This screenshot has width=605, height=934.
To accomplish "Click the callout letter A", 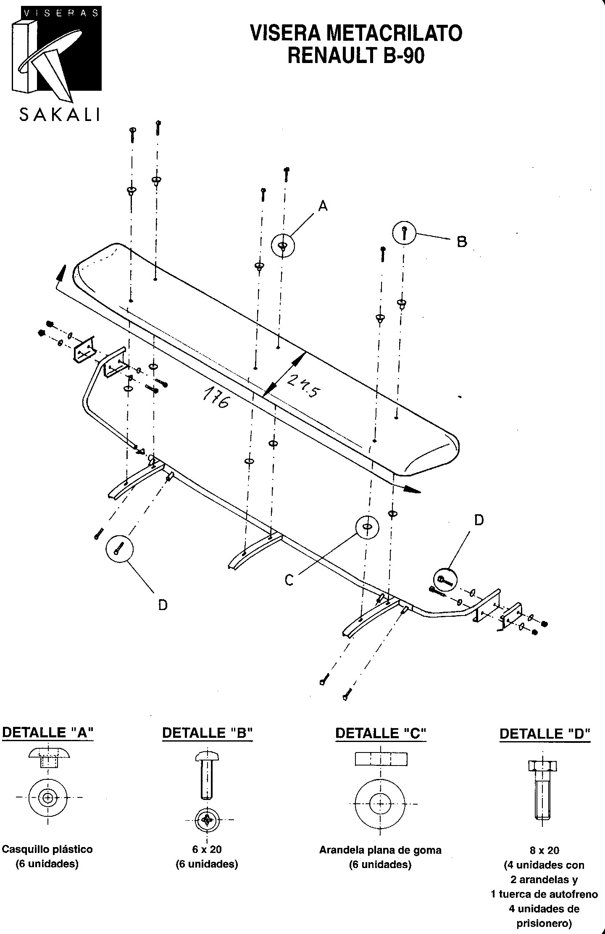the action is click(323, 206).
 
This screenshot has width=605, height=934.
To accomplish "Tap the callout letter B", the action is click(462, 242).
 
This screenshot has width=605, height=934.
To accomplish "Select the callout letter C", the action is click(289, 580).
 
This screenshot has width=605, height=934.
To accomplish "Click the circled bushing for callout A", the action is click(283, 245).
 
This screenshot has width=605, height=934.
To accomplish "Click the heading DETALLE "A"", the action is click(47, 732).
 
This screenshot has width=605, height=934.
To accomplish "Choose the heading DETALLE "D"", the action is click(545, 734).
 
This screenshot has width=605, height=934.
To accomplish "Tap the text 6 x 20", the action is click(207, 849).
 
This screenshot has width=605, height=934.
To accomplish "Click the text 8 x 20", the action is click(544, 850).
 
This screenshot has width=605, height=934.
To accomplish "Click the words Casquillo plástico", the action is click(47, 849).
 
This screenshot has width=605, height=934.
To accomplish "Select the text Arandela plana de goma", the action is click(380, 850).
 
